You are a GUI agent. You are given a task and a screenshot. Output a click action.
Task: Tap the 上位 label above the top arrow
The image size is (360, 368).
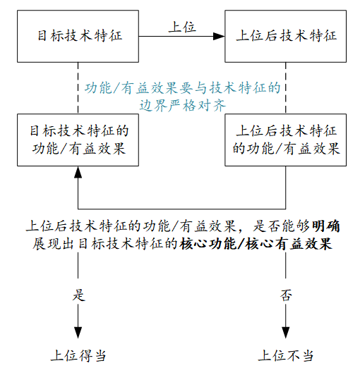coord(182,27)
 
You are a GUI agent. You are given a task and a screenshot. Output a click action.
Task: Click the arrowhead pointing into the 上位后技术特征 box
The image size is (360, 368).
coord(219,36)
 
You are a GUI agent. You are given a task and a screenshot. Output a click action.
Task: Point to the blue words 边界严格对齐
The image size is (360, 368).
coord(183,106)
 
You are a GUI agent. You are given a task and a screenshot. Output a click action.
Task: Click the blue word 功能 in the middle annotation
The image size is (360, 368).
coord(98,88)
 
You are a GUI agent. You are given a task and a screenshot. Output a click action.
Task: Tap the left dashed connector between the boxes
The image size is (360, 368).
coord(78,88)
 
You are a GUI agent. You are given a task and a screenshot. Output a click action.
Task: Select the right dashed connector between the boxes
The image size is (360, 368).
coord(286,88)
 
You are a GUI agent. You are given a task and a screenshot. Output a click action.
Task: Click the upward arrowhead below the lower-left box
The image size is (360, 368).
coord(78,172)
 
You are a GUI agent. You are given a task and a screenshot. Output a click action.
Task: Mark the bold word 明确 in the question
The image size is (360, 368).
coord(326,226)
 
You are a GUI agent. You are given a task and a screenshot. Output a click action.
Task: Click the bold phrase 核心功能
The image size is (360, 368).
coord(208,244)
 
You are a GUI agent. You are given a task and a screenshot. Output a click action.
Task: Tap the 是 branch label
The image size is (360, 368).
coord(78,295)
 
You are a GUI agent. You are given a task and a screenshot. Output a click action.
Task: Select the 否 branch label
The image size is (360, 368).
coord(286,295)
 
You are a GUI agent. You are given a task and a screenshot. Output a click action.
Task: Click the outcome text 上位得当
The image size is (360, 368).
coord(78,355)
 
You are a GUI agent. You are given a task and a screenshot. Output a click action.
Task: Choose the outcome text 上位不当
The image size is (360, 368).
coord(286,355)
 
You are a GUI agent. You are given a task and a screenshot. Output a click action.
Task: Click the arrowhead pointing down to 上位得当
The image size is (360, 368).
coord(78,333)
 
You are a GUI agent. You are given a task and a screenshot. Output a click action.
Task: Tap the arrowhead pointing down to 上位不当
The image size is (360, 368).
coord(286,333)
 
